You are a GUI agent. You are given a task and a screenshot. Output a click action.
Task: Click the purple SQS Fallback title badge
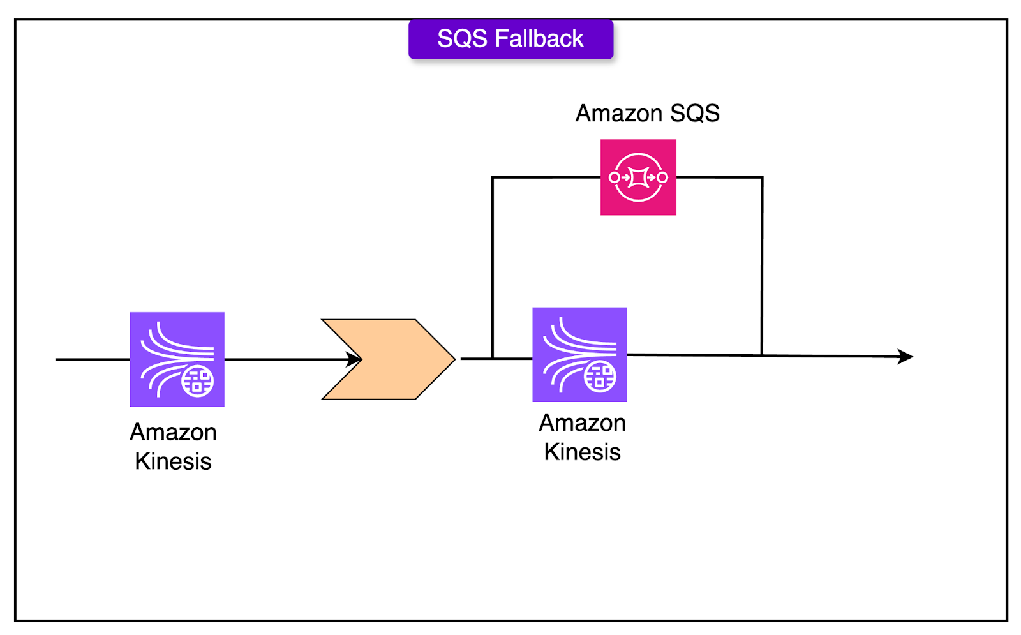click(511, 39)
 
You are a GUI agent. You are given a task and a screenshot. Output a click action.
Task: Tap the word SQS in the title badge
click(462, 39)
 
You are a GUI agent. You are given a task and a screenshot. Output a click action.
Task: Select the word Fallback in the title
click(539, 39)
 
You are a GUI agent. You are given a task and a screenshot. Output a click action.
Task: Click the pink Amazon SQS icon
click(638, 177)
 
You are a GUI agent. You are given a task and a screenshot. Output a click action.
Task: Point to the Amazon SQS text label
click(647, 113)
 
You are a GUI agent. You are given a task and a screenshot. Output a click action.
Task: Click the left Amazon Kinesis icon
click(177, 359)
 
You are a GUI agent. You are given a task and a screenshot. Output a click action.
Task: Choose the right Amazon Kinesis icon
click(580, 355)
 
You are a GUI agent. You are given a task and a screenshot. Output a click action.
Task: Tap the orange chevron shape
click(389, 359)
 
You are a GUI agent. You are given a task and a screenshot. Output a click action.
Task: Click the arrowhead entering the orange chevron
click(354, 359)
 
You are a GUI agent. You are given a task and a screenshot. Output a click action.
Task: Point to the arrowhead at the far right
click(905, 357)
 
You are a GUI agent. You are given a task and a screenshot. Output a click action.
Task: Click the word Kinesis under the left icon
click(173, 461)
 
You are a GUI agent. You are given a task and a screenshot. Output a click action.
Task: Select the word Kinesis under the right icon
click(583, 452)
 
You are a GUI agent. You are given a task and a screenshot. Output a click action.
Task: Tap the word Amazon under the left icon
click(173, 432)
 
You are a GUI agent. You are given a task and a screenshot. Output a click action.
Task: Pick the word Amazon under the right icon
click(583, 423)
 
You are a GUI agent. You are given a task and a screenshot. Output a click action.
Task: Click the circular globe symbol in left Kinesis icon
click(197, 381)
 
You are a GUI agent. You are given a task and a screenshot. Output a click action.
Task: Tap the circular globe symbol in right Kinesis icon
click(600, 377)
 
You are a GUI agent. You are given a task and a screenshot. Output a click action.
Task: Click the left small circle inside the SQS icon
click(615, 177)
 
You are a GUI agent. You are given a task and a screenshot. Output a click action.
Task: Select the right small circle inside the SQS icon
click(662, 177)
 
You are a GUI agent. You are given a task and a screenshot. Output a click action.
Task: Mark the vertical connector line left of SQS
click(493, 268)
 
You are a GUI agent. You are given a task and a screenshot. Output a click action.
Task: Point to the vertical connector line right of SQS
click(762, 266)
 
